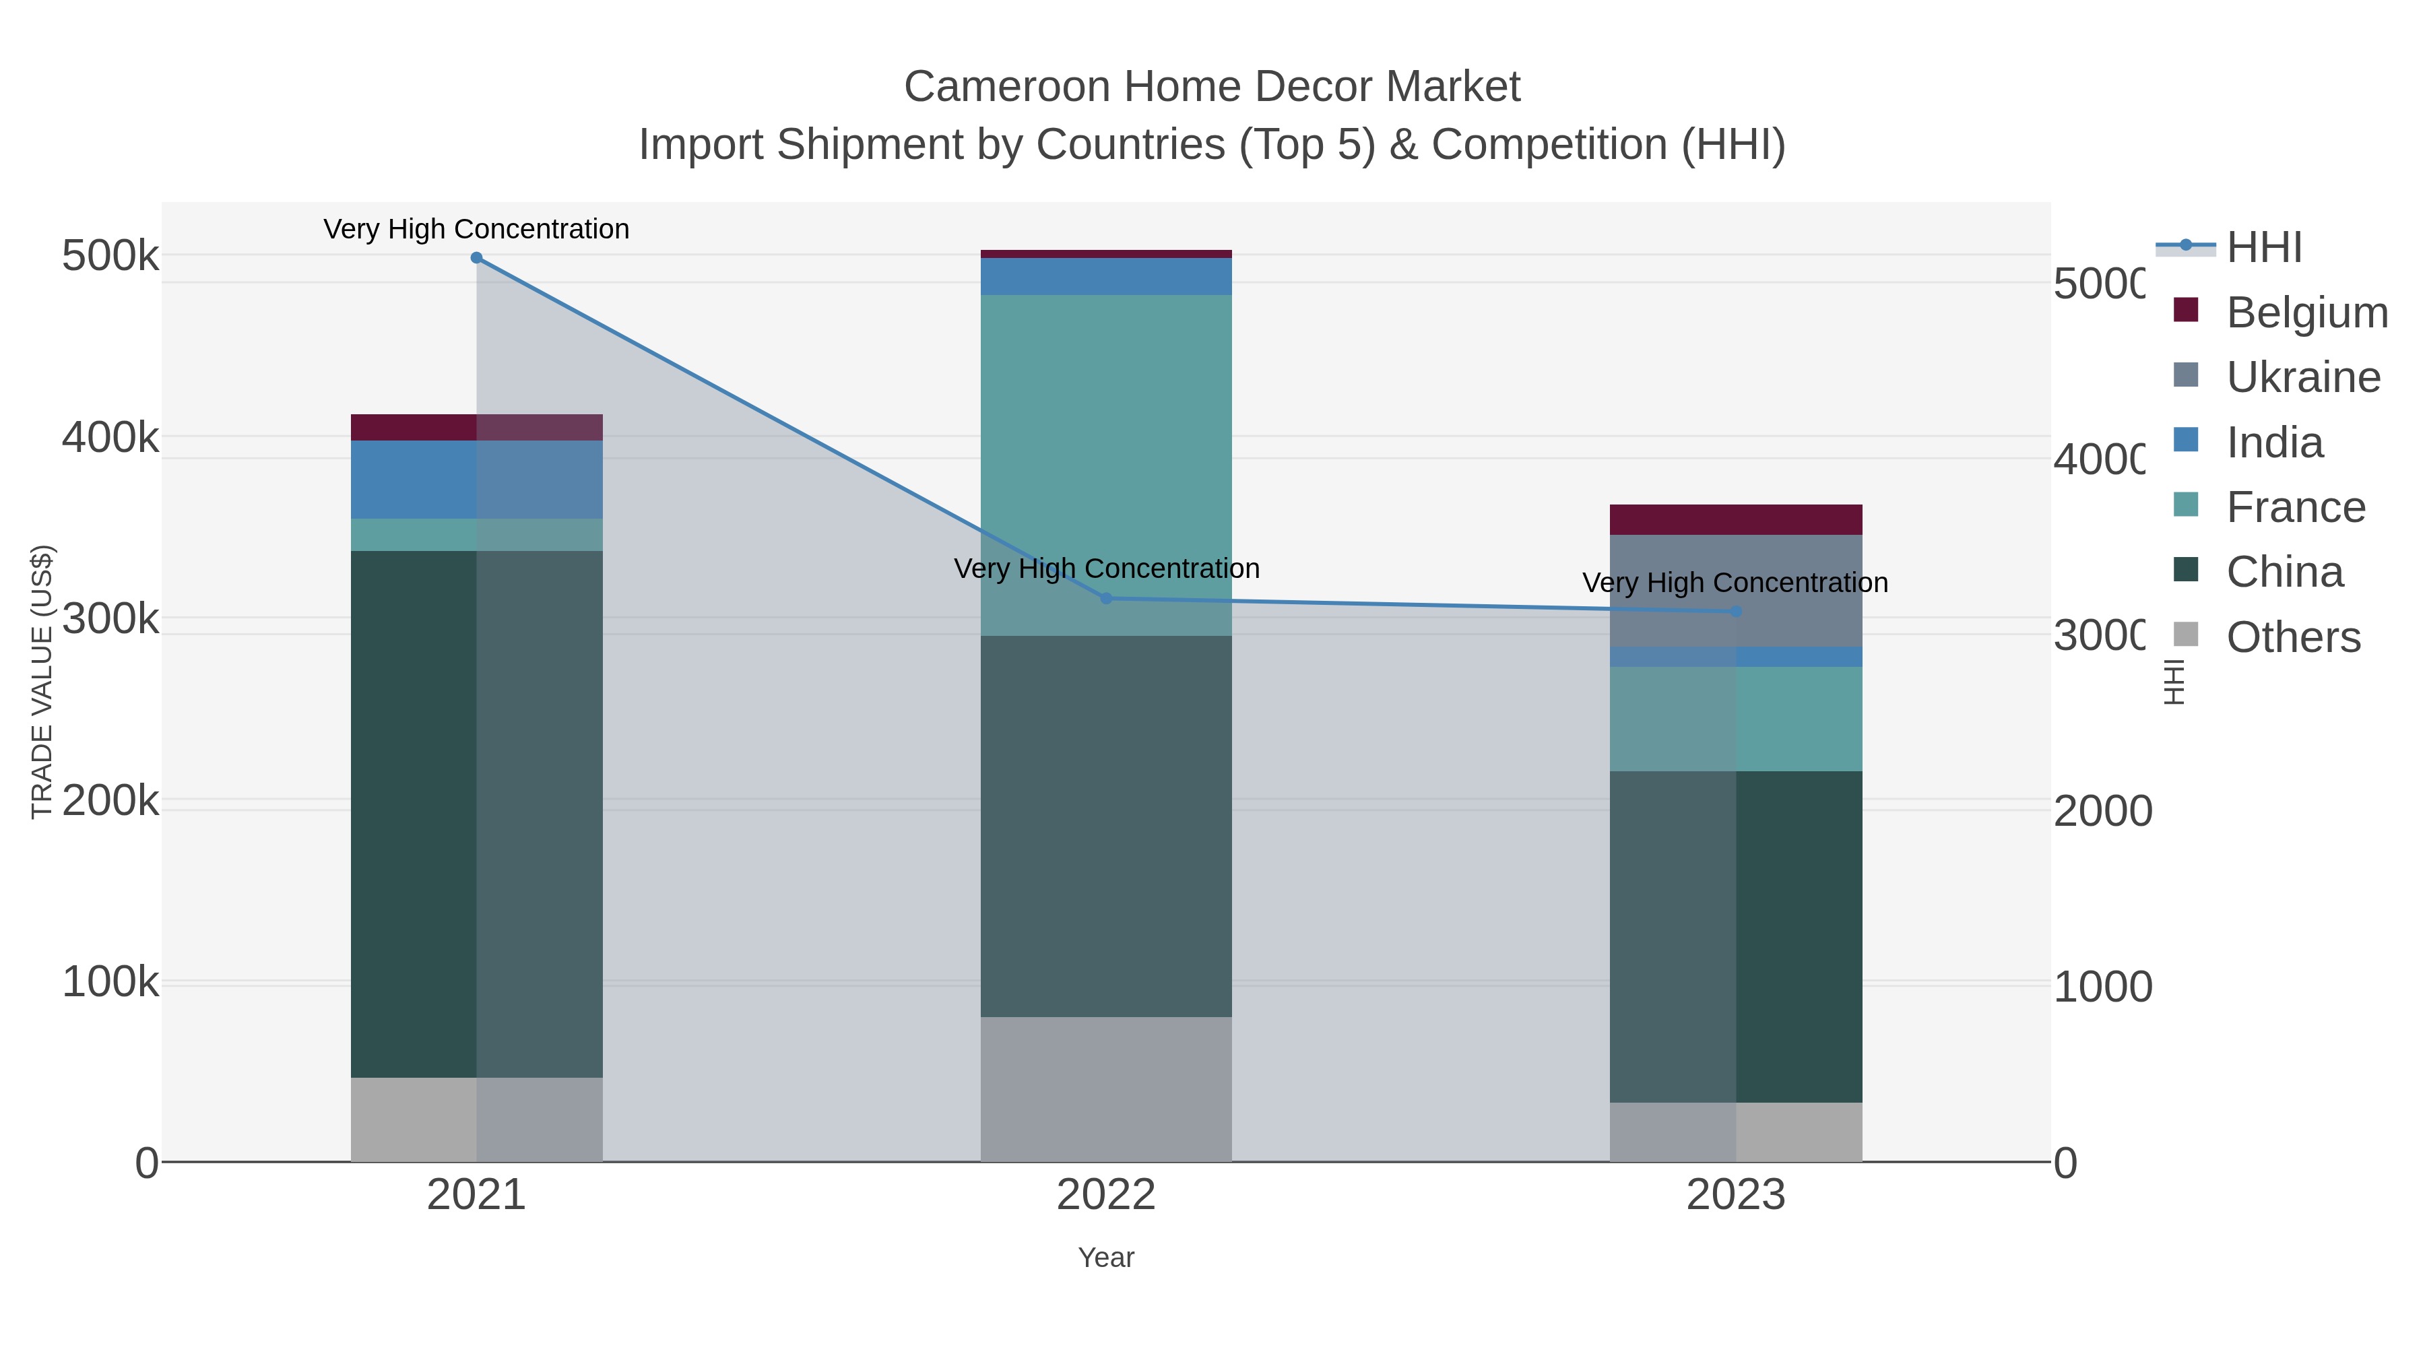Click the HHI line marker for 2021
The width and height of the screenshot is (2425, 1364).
pyautogui.click(x=476, y=258)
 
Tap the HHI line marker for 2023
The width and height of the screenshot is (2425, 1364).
pyautogui.click(x=1736, y=612)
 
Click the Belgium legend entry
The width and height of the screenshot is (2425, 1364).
pyautogui.click(x=2306, y=313)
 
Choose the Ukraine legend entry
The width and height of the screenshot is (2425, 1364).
pyautogui.click(x=2302, y=377)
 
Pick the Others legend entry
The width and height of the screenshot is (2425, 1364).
pyautogui.click(x=2293, y=637)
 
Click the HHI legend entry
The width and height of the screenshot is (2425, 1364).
pyautogui.click(x=2264, y=248)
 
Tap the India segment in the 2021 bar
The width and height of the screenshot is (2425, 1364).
pyautogui.click(x=476, y=480)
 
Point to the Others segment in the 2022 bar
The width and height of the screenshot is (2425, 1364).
pyautogui.click(x=1106, y=1089)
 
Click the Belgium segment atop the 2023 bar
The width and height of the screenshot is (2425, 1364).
pyautogui.click(x=1736, y=519)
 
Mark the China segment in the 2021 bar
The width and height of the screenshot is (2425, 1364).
pyautogui.click(x=476, y=814)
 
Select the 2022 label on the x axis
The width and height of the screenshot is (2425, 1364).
pyautogui.click(x=1106, y=1196)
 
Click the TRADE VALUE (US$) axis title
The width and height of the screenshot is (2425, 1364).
pyautogui.click(x=42, y=682)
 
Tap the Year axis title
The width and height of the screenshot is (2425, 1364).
pyautogui.click(x=1106, y=1258)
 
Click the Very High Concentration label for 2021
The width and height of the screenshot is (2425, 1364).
pyautogui.click(x=476, y=230)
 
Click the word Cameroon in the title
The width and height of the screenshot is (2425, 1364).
pyautogui.click(x=1006, y=88)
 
